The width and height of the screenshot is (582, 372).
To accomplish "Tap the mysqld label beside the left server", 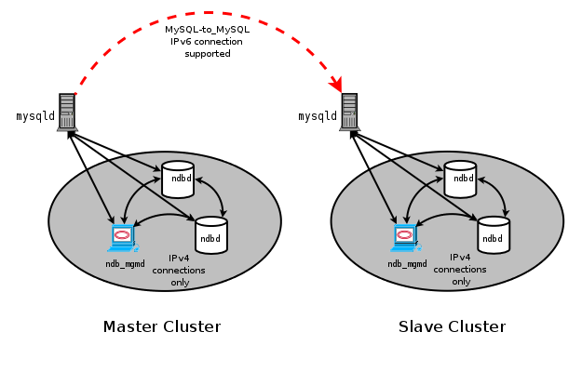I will click(34, 117).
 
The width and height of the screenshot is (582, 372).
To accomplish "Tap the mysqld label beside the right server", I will click(318, 117).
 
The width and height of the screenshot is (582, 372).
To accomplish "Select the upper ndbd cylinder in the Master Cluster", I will click(177, 179).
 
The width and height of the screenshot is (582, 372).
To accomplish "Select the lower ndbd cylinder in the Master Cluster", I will click(211, 235).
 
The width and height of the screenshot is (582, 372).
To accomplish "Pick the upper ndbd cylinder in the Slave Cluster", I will click(460, 179).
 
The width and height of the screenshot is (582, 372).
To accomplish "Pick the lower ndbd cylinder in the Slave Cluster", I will click(494, 235).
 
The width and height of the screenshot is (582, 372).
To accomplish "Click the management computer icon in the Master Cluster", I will click(122, 238).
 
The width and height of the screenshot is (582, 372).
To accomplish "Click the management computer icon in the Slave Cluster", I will click(405, 238).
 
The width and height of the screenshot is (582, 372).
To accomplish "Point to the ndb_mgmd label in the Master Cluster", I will click(125, 263).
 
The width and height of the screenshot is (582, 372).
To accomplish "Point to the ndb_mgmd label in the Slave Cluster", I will click(407, 263).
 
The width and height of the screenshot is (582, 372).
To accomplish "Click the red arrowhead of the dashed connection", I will click(339, 86).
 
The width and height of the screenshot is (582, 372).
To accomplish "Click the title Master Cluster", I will click(162, 326).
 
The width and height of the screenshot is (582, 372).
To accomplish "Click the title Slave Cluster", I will click(452, 326).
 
